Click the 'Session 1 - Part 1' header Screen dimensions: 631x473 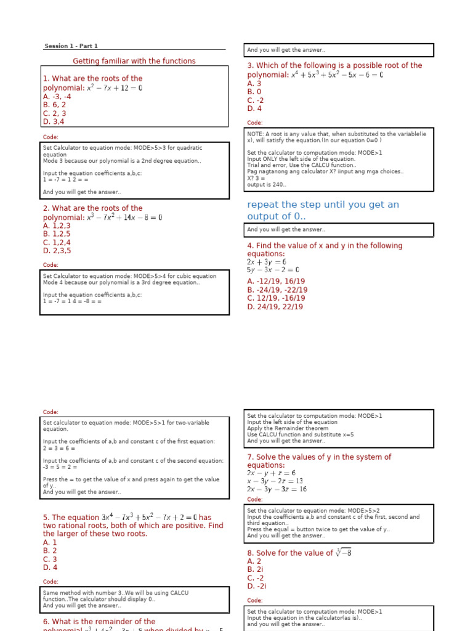pyautogui.click(x=71, y=46)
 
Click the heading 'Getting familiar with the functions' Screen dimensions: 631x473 pyautogui.click(x=134, y=61)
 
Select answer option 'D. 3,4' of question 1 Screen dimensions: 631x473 pyautogui.click(x=54, y=121)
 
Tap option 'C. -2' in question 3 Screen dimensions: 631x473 pyautogui.click(x=256, y=100)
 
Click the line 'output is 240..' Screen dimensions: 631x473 pyautogui.click(x=267, y=184)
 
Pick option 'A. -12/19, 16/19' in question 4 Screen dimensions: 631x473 pyautogui.click(x=276, y=282)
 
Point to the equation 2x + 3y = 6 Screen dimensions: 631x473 pyautogui.click(x=266, y=262)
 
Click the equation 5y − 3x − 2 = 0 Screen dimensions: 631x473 pyautogui.click(x=273, y=270)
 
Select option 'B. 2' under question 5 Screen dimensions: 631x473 pyautogui.click(x=50, y=551)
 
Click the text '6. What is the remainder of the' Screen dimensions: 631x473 pyautogui.click(x=99, y=622)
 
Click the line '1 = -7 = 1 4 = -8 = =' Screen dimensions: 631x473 pyautogui.click(x=73, y=301)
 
